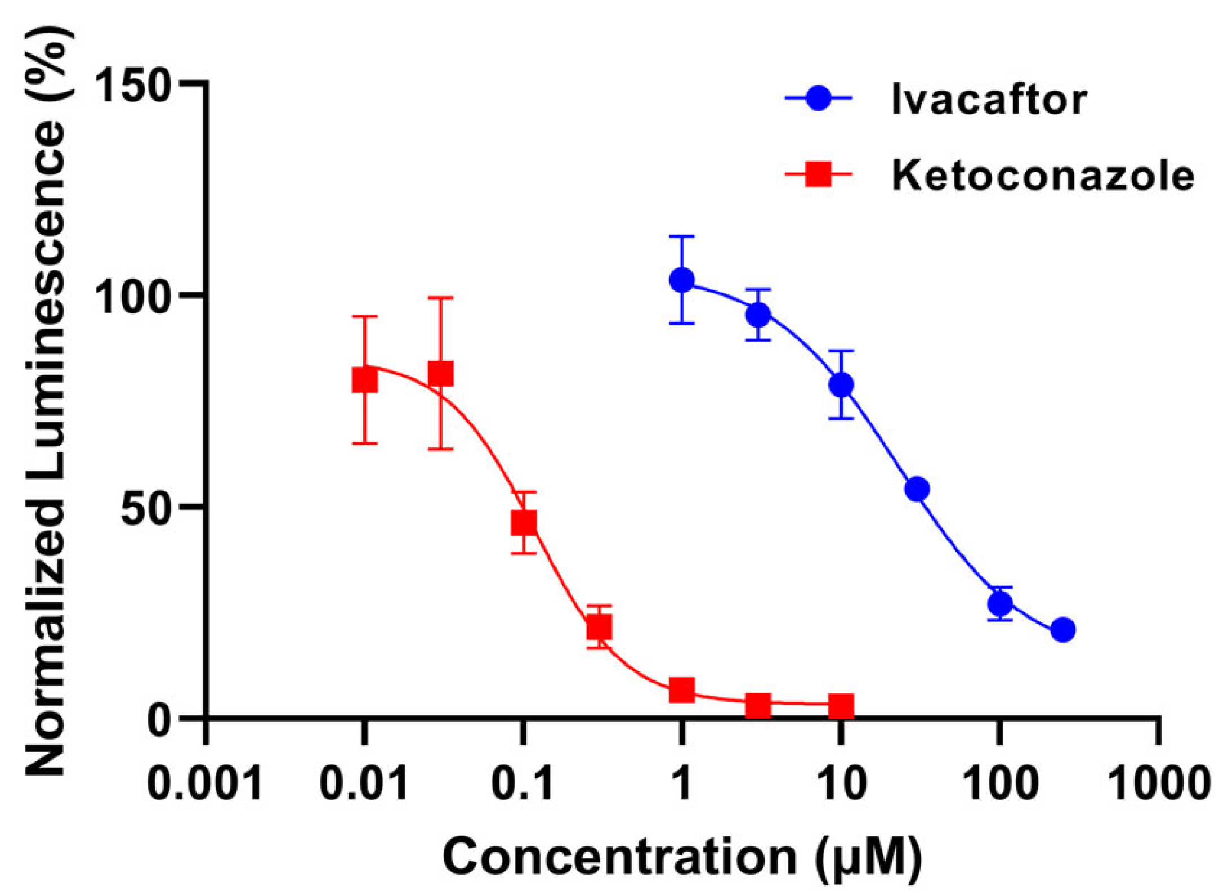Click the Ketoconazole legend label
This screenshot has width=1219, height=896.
click(1043, 176)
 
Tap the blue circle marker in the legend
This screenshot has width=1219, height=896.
click(818, 98)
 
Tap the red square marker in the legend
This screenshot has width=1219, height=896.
click(818, 174)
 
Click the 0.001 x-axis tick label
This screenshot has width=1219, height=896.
click(205, 783)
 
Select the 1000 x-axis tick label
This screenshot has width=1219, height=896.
click(1159, 783)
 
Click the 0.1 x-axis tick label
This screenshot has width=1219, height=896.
click(523, 783)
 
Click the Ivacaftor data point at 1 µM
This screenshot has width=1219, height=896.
click(682, 280)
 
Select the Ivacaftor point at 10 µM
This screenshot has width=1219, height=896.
click(841, 385)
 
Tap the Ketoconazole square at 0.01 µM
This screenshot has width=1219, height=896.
click(365, 380)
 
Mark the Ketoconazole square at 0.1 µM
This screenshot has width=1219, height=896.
click(524, 523)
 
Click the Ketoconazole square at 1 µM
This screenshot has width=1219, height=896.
click(682, 689)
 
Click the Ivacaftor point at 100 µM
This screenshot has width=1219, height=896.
click(1000, 604)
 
